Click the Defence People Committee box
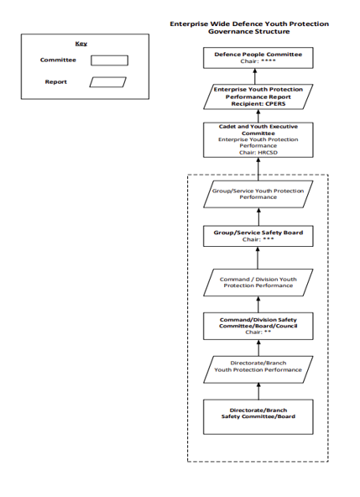[258, 58]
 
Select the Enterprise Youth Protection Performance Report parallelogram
[258, 97]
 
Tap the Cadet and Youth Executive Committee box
[258, 139]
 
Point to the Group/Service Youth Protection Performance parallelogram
[258, 194]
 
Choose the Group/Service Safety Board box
[258, 236]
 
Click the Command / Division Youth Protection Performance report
[258, 282]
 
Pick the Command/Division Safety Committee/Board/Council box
[258, 326]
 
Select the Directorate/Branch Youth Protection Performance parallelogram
[258, 369]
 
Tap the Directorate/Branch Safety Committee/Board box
[258, 416]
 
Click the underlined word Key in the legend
[81, 44]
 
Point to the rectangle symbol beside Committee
[110, 60]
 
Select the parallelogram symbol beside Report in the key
[107, 82]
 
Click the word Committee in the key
[58, 60]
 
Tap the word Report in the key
[55, 81]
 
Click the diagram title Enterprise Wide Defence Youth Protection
[249, 24]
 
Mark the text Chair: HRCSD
[258, 153]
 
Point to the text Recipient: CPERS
[258, 103]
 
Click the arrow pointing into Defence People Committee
[255, 76]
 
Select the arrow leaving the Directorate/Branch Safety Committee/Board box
[258, 391]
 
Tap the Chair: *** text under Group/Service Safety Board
[258, 239]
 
